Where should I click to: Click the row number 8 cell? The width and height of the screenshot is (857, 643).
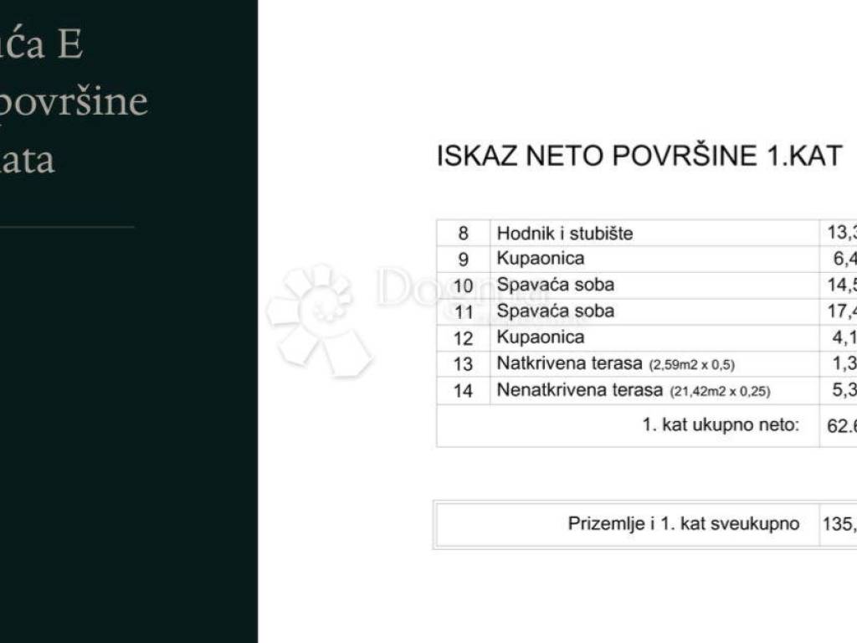tap(463, 233)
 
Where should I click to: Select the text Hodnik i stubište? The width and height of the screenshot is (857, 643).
tap(565, 234)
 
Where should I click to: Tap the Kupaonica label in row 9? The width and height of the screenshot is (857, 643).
tap(541, 259)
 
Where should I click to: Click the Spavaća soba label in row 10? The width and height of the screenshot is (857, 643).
tap(556, 285)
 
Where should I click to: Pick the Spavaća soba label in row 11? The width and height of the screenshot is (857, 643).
tap(556, 311)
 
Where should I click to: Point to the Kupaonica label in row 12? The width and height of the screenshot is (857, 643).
tap(541, 337)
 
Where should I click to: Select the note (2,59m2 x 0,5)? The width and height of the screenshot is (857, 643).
tap(692, 365)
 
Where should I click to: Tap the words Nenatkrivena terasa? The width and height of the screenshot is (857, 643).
tap(578, 390)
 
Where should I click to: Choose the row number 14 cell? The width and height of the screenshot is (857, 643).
tap(463, 390)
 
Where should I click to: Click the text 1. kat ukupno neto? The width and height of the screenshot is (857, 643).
tap(721, 424)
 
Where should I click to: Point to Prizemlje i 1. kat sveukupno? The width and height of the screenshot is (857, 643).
tap(684, 524)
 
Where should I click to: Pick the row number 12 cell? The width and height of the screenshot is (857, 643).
tap(463, 338)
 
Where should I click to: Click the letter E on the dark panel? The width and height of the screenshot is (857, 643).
tap(70, 44)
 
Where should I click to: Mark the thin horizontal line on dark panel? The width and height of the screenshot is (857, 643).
tap(67, 226)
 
